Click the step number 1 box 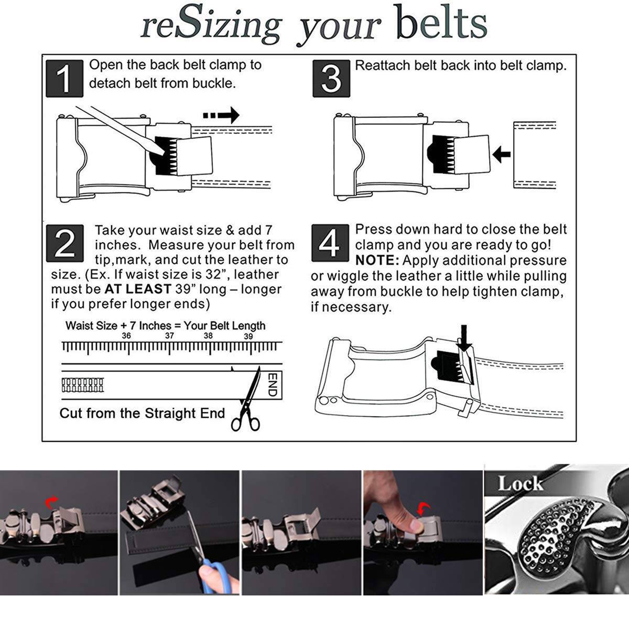pyautogui.click(x=64, y=78)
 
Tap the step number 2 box pyautogui.click(x=64, y=243)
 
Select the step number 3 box pyautogui.click(x=331, y=78)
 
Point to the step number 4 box pyautogui.click(x=330, y=243)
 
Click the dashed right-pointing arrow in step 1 pyautogui.click(x=221, y=115)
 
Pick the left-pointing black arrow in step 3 pyautogui.click(x=502, y=154)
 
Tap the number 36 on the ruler pyautogui.click(x=126, y=335)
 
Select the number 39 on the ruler pyautogui.click(x=248, y=336)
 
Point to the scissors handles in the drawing pyautogui.click(x=245, y=424)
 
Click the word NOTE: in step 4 pyautogui.click(x=377, y=260)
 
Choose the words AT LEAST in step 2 pyautogui.click(x=138, y=289)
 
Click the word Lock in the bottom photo pyautogui.click(x=520, y=483)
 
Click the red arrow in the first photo pyautogui.click(x=51, y=502)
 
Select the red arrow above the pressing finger pyautogui.click(x=424, y=508)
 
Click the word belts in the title pyautogui.click(x=442, y=23)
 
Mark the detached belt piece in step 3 pyautogui.click(x=534, y=155)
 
